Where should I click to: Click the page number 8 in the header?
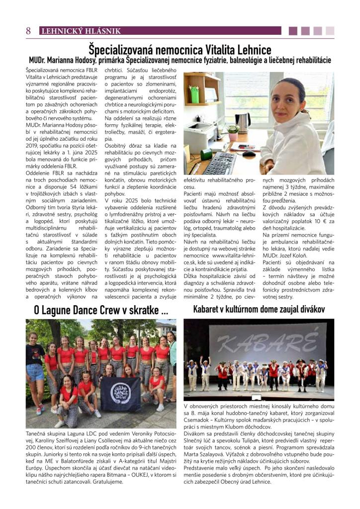tap(28, 31)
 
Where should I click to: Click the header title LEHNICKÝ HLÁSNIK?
tap(81, 31)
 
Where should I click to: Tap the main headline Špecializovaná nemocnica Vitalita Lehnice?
tap(180, 50)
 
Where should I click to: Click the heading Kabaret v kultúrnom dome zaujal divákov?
tap(259, 309)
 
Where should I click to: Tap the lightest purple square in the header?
tap(329, 31)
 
